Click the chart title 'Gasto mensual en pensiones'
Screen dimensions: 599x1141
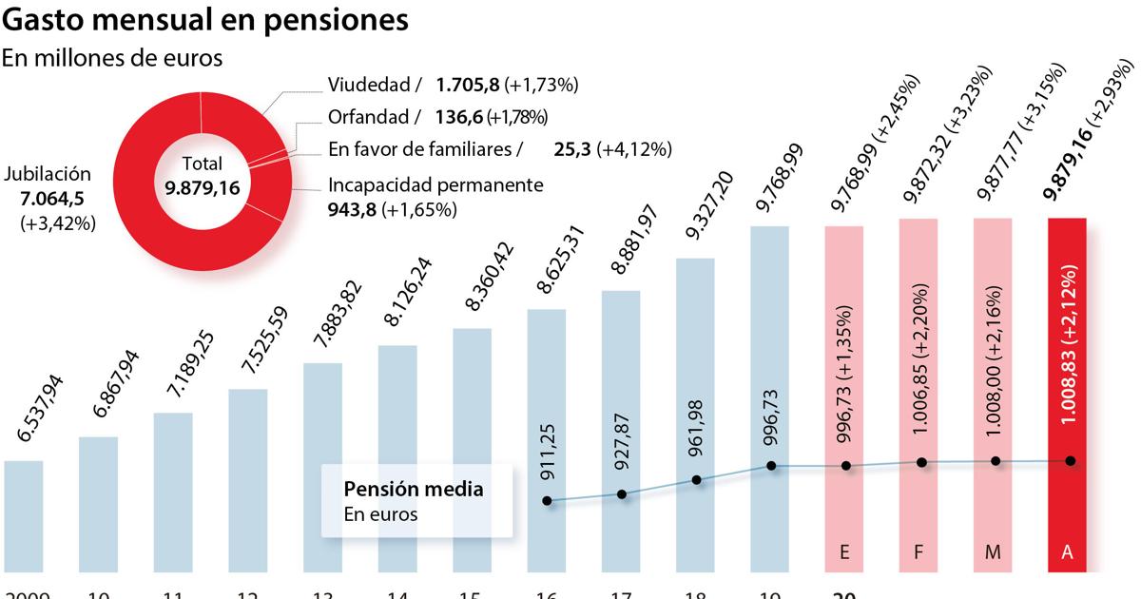click(x=205, y=20)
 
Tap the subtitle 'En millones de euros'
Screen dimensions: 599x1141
click(x=112, y=58)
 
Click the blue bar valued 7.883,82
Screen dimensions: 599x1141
click(x=322, y=466)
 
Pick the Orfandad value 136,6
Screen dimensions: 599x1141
click(x=460, y=117)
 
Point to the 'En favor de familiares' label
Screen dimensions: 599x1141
click(x=425, y=149)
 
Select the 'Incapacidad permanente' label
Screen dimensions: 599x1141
click(x=435, y=184)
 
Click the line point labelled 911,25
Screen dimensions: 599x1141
click(x=547, y=500)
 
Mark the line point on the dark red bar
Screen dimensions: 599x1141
click(x=1071, y=460)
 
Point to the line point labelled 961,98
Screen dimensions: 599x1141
click(x=697, y=480)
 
